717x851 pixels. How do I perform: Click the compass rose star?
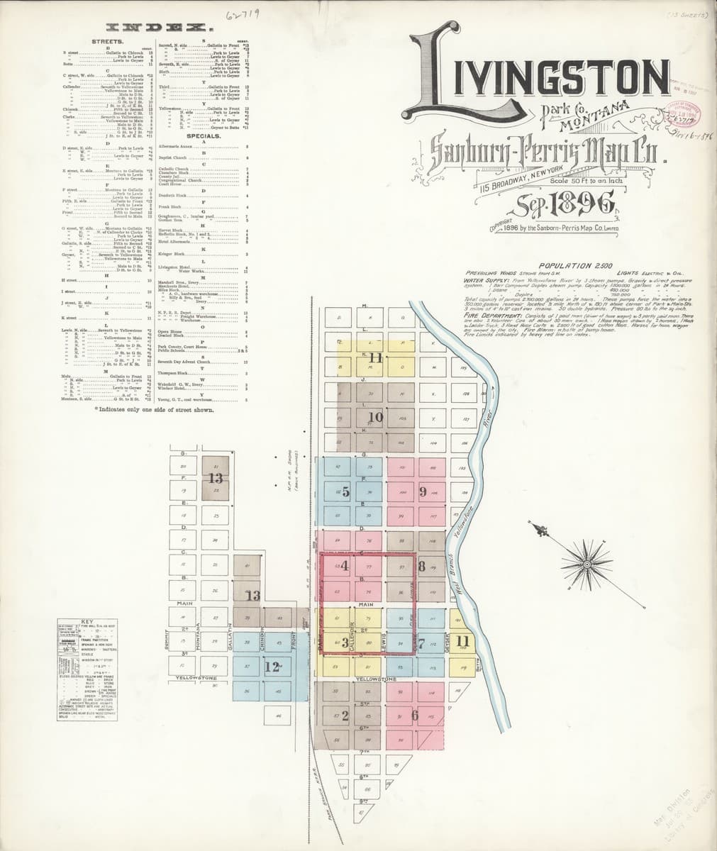click(x=587, y=564)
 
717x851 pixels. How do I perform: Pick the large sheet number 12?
click(x=273, y=667)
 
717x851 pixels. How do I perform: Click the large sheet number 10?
click(x=375, y=417)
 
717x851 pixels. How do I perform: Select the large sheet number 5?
click(x=345, y=491)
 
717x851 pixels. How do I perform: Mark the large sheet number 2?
click(x=345, y=715)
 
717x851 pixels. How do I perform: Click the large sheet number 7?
click(x=421, y=644)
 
